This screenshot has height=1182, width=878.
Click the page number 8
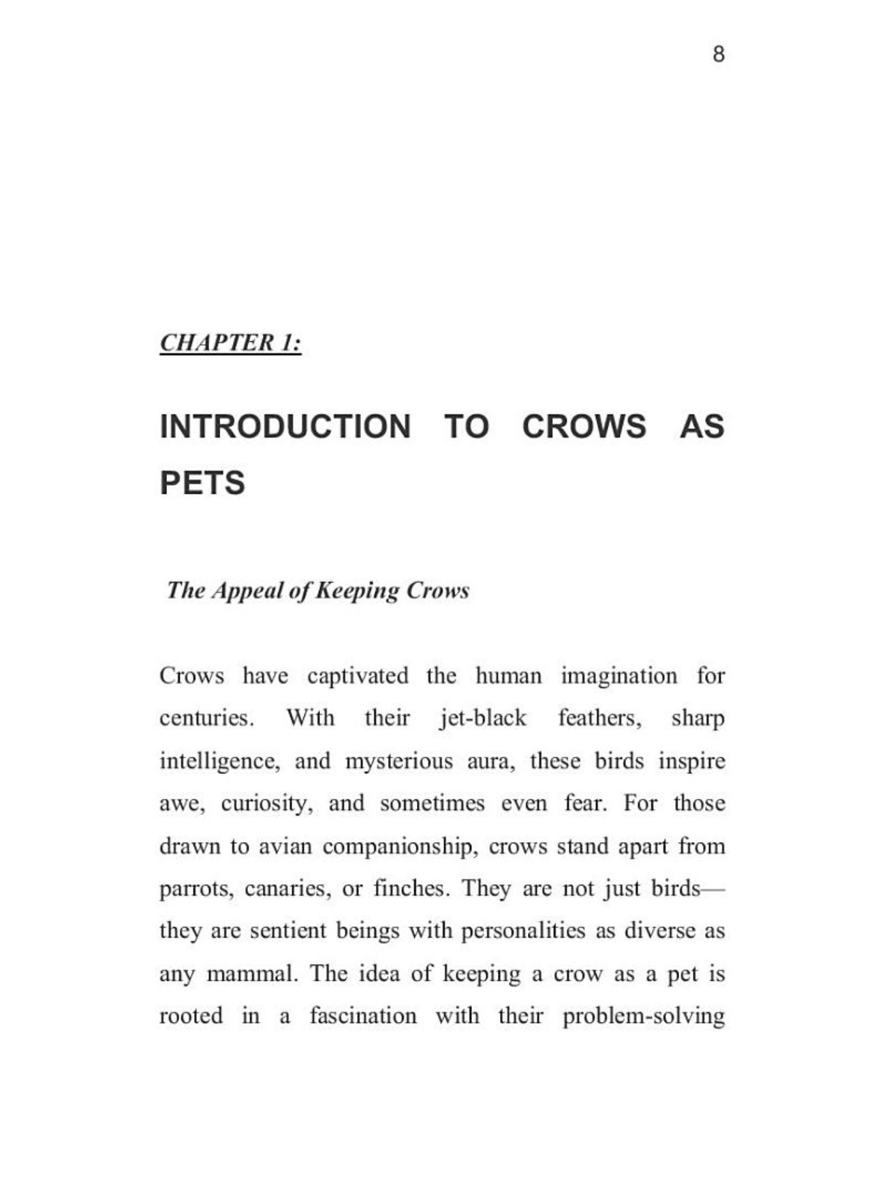click(x=718, y=54)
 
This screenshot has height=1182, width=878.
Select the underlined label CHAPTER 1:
click(x=230, y=342)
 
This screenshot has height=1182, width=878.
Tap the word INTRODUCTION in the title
click(x=285, y=426)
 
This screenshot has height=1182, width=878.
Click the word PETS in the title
click(x=202, y=483)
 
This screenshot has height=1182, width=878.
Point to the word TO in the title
click(x=467, y=426)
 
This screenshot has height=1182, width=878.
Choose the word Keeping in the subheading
click(x=356, y=591)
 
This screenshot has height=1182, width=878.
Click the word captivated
click(x=358, y=676)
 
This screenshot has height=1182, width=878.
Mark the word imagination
click(x=619, y=676)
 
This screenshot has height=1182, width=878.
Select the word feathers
click(x=599, y=718)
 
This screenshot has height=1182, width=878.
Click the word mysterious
click(x=398, y=761)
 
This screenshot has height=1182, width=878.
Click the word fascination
click(x=363, y=1016)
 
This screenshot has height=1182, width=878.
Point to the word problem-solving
click(x=644, y=1016)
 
